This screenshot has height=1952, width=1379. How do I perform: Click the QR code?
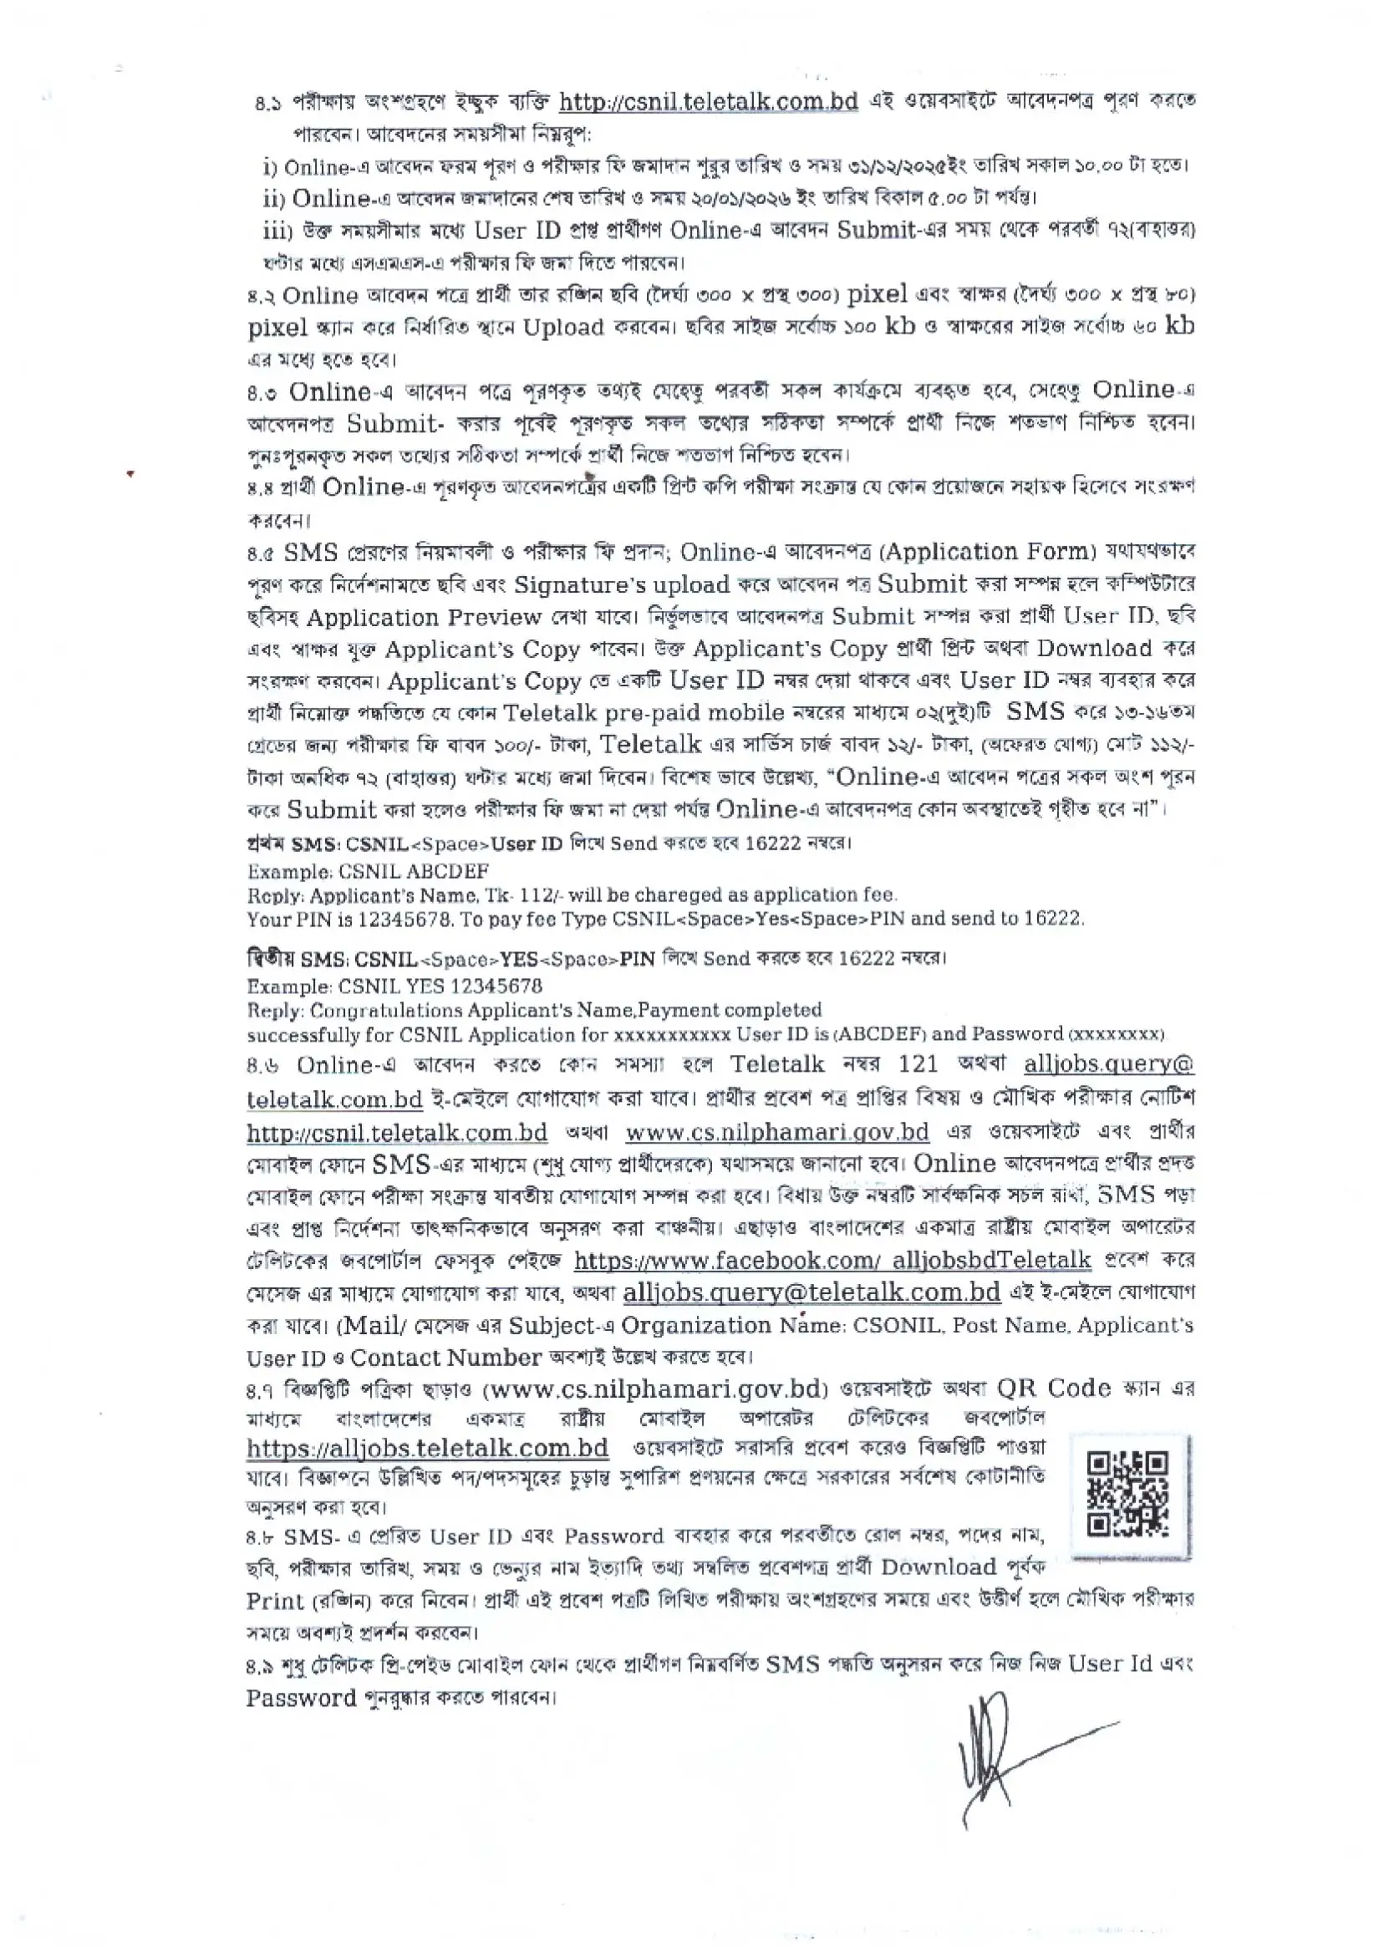click(1129, 1494)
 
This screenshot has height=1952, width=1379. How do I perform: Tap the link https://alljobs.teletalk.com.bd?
click(428, 1448)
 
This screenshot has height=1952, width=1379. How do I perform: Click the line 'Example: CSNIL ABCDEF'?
click(367, 870)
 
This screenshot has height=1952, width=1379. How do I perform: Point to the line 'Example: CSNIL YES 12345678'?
click(394, 986)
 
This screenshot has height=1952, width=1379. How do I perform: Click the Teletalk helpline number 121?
click(918, 1064)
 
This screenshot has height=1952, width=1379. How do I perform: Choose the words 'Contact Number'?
click(445, 1358)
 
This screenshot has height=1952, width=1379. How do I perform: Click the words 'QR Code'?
click(1053, 1389)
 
